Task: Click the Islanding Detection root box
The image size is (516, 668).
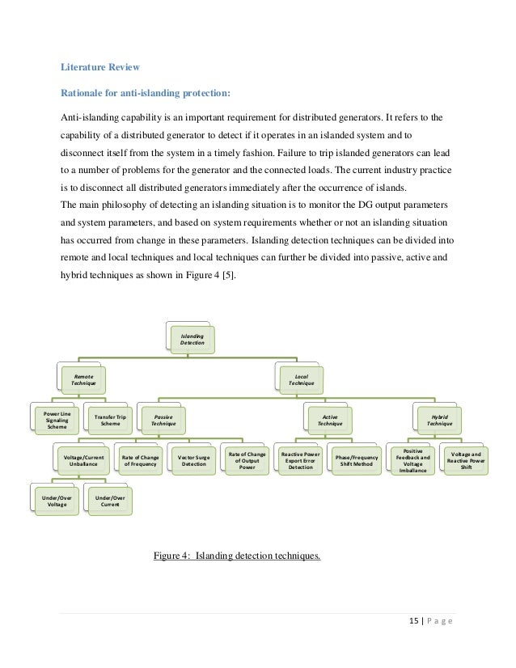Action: click(192, 340)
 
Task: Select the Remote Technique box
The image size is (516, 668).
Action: click(83, 380)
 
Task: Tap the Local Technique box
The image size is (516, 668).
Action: click(302, 380)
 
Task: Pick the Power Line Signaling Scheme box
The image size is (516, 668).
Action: click(57, 421)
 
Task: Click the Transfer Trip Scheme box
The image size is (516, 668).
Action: click(110, 421)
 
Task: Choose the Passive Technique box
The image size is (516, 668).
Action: click(163, 420)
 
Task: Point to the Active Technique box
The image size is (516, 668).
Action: click(330, 420)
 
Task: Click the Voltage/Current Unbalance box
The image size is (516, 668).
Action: click(83, 461)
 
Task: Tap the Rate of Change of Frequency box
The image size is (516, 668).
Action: click(140, 461)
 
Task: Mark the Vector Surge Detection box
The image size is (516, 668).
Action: click(193, 461)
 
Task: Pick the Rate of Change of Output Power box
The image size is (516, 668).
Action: click(246, 460)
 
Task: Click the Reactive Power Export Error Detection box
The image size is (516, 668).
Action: click(300, 460)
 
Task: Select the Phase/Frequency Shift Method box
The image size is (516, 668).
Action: click(356, 461)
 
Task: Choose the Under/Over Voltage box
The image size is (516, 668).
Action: click(57, 501)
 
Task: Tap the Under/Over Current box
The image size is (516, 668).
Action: click(110, 501)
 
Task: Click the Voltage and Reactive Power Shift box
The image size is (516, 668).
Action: click(465, 460)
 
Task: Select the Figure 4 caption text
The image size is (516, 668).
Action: click(237, 555)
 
